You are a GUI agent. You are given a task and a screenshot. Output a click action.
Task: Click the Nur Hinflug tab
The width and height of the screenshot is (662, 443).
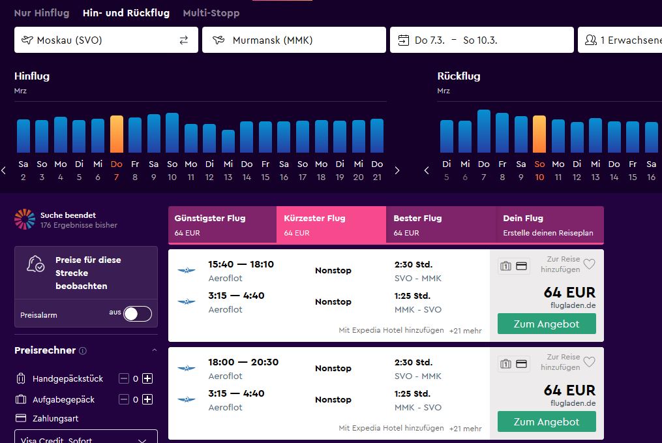tap(41, 13)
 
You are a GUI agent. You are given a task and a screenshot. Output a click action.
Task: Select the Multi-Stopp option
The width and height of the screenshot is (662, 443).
tap(211, 13)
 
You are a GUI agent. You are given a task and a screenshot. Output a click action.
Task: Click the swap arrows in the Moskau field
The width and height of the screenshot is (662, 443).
tap(184, 40)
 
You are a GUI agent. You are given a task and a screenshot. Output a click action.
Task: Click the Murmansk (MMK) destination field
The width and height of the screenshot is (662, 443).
tap(294, 40)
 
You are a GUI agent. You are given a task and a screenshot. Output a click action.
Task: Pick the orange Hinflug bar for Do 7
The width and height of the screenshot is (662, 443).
tap(117, 134)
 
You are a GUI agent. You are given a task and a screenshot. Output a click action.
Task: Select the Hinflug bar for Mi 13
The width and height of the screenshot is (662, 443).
tap(228, 141)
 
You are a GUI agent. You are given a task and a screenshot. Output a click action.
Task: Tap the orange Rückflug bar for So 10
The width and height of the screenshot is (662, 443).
tap(539, 134)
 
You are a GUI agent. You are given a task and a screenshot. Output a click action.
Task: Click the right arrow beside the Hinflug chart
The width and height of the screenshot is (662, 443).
tap(397, 171)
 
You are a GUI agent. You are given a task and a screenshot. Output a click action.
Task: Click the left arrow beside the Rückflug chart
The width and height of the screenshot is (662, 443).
tap(427, 171)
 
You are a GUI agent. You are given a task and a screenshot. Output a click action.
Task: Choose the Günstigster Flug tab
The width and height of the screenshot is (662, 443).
tap(222, 225)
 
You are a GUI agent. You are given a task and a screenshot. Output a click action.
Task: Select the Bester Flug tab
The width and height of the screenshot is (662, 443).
tap(441, 225)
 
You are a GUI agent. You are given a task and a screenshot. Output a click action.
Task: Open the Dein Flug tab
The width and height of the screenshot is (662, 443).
tap(550, 225)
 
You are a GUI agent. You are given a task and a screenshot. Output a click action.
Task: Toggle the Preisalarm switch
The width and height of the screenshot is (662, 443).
tap(138, 314)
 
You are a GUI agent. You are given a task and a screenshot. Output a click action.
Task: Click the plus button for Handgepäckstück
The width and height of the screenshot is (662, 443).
tap(147, 378)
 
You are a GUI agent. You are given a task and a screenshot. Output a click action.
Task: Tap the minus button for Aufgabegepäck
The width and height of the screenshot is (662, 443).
tap(124, 399)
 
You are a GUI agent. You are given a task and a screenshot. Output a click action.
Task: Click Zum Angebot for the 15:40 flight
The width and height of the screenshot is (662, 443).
tap(547, 324)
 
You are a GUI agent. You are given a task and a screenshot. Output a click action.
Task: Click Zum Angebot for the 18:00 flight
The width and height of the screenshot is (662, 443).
tap(547, 422)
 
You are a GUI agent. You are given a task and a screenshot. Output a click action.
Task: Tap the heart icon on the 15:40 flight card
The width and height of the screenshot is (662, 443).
tap(590, 264)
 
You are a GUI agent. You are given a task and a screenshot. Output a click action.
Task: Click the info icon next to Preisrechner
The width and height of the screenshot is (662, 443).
tap(83, 351)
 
